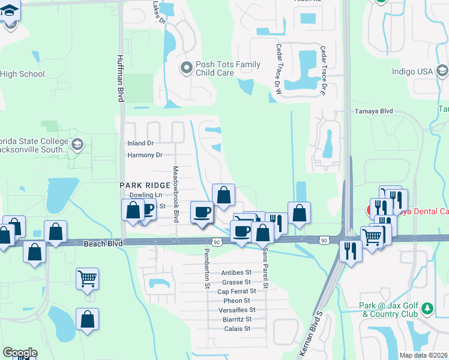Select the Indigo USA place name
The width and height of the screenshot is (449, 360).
coord(412,71)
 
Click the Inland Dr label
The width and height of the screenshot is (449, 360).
coord(140,143)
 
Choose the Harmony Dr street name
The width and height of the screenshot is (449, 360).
coord(145,155)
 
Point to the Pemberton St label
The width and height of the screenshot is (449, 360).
coord(206,268)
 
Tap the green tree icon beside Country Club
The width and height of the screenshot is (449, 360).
coord(427,308)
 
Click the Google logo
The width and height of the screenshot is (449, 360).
coord(20,353)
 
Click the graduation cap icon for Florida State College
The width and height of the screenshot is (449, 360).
coord(77,144)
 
